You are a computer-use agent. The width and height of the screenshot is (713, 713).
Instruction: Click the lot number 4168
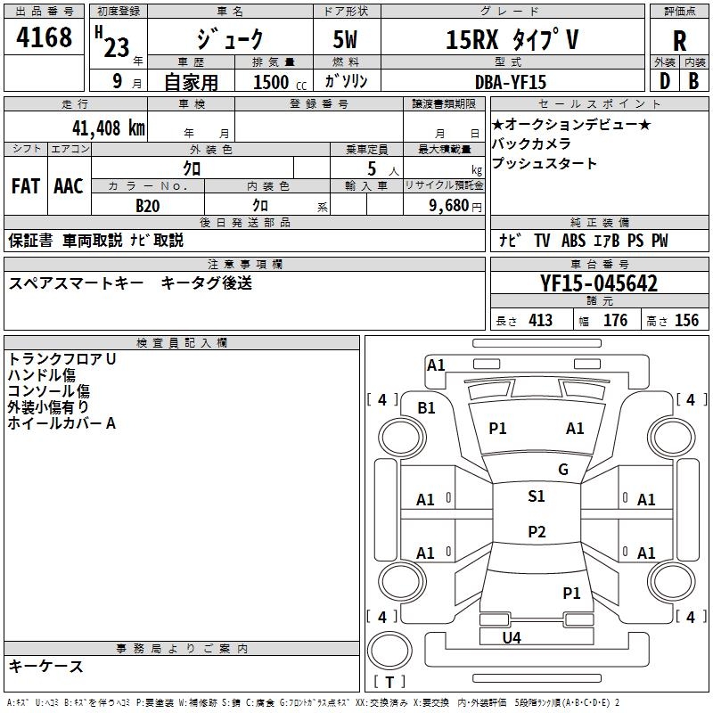pos(45,37)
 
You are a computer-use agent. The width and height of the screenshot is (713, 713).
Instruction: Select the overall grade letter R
pos(680,41)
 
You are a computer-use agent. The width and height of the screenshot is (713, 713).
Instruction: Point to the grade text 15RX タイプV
pos(512,39)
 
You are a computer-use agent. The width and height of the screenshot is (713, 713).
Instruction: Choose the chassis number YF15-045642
pos(599,283)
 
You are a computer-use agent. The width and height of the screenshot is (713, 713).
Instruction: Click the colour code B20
pos(148,205)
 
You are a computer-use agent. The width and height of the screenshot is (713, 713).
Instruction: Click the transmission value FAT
pos(26,186)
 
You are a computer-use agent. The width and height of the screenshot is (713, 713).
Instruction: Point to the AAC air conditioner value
pos(69,186)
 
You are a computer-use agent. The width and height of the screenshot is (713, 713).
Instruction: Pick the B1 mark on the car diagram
pos(427,407)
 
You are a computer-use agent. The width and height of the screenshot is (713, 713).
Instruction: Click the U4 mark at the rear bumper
pos(512,637)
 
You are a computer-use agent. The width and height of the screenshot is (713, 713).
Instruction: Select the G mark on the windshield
pos(562,470)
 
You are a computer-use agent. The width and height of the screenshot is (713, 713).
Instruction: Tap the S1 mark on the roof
pos(536,496)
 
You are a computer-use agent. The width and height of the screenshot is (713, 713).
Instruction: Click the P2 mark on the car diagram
pos(536,532)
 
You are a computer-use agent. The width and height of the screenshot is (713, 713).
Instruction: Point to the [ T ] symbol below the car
pos(389,682)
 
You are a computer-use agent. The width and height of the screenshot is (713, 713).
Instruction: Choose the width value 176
pos(615,321)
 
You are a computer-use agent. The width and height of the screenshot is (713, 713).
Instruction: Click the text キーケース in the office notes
pos(46,666)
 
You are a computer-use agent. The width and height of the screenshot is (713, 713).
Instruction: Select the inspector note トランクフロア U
pos(62,358)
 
